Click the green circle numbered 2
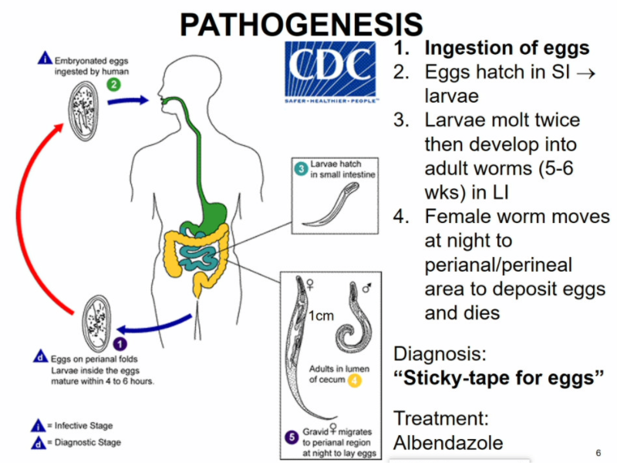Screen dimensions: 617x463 pos(113,83)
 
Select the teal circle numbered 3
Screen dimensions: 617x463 pos(303,170)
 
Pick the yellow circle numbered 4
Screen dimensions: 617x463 pos(354,380)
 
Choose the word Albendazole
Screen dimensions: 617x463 pos(448,443)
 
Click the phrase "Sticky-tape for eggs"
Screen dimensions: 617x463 pos(498,379)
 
